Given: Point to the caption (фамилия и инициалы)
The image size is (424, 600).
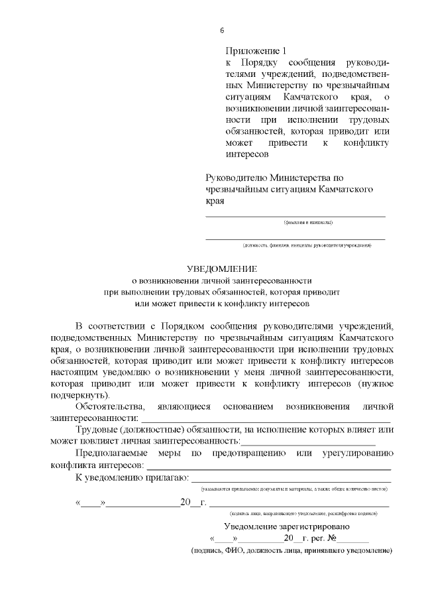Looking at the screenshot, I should tap(308, 222).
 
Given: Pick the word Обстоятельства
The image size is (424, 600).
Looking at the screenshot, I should tap(109, 406).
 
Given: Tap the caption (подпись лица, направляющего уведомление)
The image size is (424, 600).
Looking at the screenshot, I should tap(303, 513).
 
